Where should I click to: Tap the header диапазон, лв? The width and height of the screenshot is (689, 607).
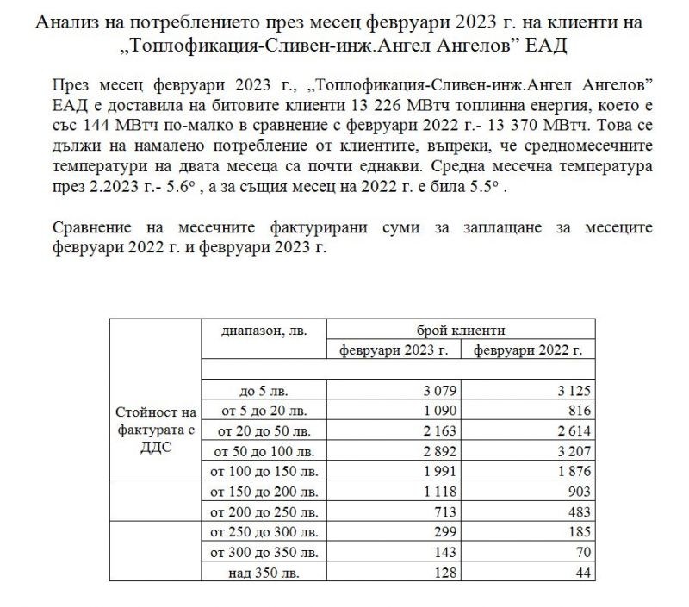pyautogui.click(x=264, y=331)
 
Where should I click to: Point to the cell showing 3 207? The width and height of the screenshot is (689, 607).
pyautogui.click(x=572, y=450)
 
